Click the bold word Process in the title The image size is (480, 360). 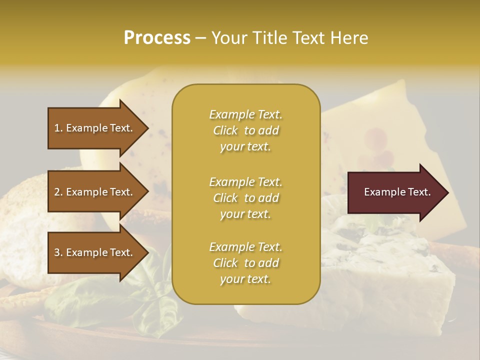click(x=157, y=38)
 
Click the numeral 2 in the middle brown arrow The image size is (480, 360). click(x=57, y=192)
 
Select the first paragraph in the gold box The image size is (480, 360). click(x=245, y=130)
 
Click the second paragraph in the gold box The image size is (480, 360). click(x=245, y=198)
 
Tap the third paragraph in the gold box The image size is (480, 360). click(x=245, y=263)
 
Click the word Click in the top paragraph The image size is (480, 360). click(x=225, y=130)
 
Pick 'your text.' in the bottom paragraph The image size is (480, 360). click(x=245, y=279)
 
